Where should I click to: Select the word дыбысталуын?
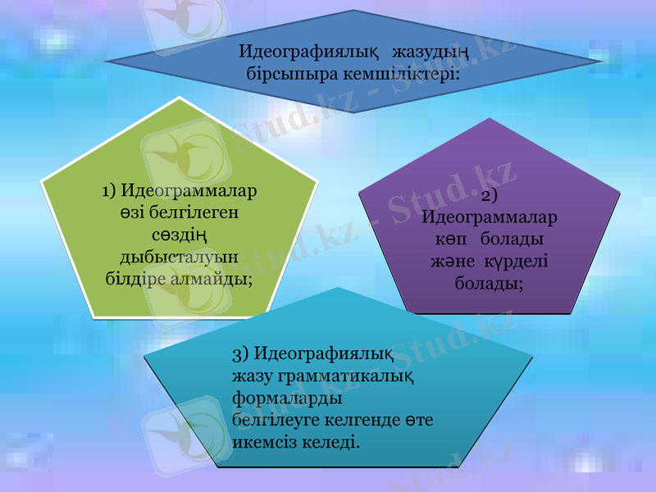coord(179,257)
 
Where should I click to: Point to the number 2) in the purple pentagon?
coord(490,197)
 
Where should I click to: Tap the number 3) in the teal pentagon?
coord(241,354)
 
